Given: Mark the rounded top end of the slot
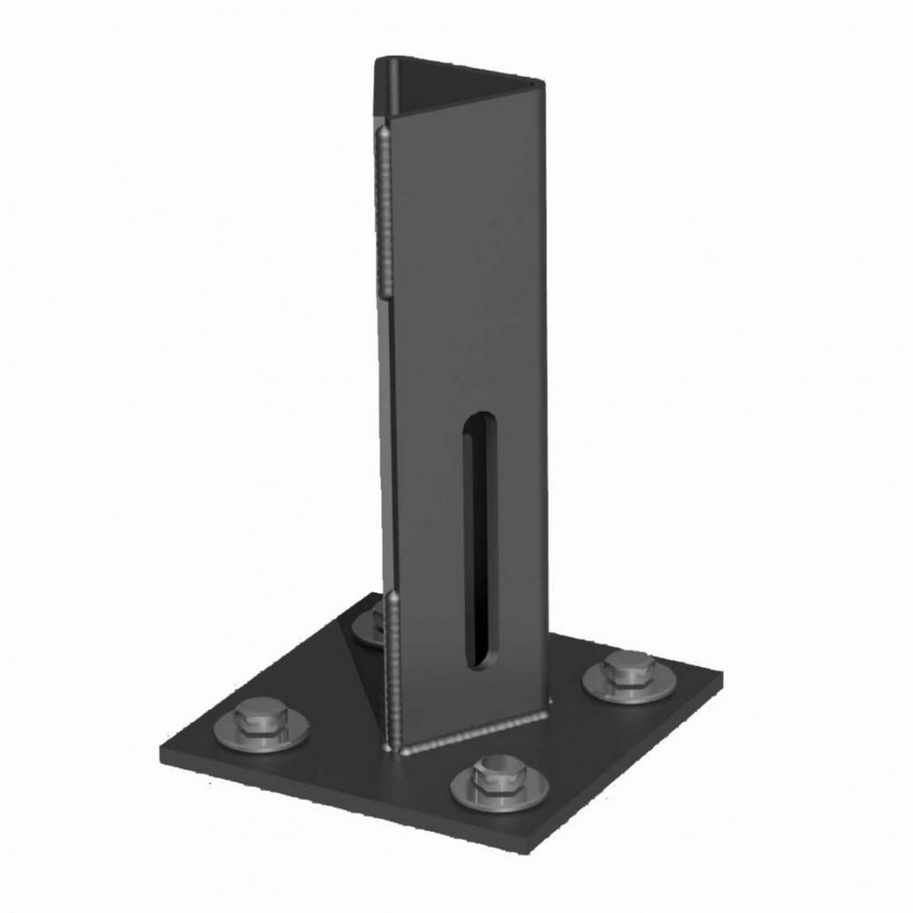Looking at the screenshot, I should click(474, 422).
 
